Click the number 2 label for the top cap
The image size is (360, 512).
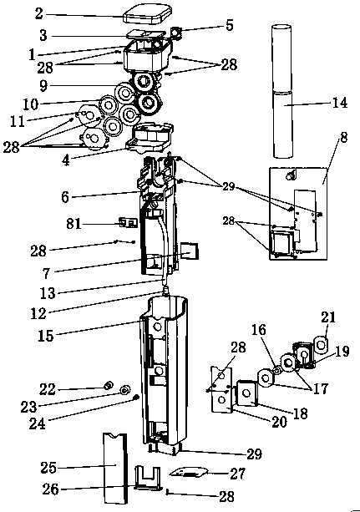[39, 13]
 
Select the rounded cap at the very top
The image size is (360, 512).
[147, 13]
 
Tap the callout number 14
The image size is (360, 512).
[340, 103]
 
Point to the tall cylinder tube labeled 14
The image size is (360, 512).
[281, 91]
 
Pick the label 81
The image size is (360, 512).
[74, 224]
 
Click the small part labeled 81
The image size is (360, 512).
[128, 223]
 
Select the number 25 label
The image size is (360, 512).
[48, 468]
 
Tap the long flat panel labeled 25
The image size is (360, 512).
[114, 469]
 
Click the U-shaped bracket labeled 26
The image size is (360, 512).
[148, 478]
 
